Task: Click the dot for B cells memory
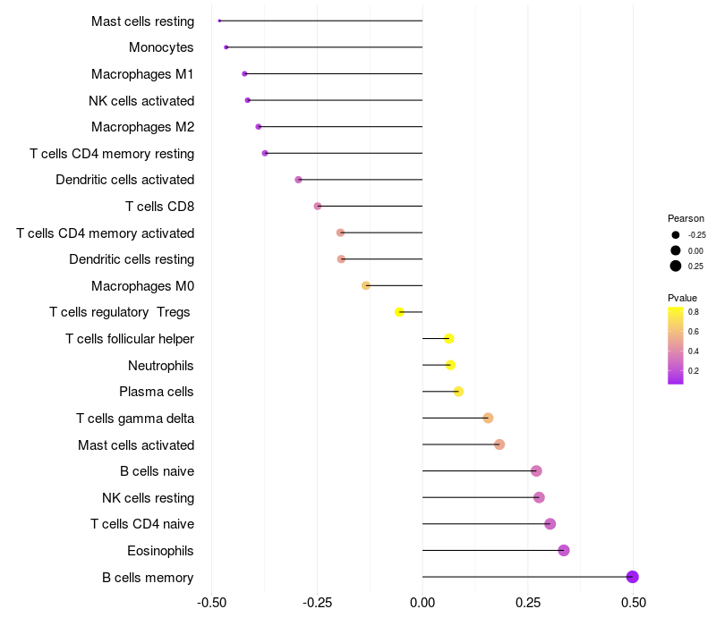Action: [x=632, y=577]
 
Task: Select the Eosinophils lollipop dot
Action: [x=564, y=550]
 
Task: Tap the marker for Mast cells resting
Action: [x=219, y=21]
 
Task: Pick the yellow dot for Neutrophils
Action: [x=450, y=365]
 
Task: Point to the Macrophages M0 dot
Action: [x=366, y=285]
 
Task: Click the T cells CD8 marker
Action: [x=318, y=207]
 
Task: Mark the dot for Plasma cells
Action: [x=458, y=392]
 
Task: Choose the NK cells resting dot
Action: [x=539, y=497]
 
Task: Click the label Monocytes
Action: [x=161, y=47]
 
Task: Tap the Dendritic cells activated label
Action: [x=124, y=180]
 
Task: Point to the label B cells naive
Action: [x=157, y=471]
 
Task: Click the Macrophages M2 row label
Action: [x=142, y=127]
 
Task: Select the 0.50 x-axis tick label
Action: [x=634, y=604]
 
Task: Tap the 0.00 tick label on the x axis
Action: [x=422, y=604]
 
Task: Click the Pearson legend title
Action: [x=686, y=218]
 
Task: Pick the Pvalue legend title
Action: [x=682, y=298]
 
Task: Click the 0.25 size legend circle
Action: [x=676, y=266]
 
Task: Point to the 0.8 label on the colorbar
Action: [x=694, y=312]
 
